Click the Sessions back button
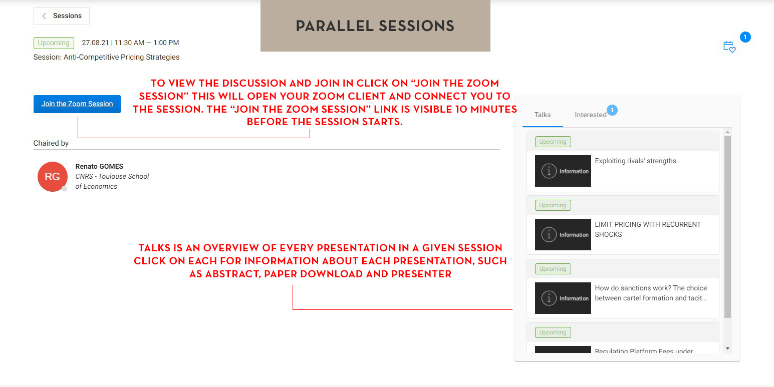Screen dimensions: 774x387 coord(62,16)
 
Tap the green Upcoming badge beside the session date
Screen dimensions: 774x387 coord(54,43)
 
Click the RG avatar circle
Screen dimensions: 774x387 coord(53,176)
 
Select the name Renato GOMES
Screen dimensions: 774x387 coord(99,166)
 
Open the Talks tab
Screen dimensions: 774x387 coord(543,115)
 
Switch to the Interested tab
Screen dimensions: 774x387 coord(591,115)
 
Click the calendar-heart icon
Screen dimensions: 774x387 coord(729,47)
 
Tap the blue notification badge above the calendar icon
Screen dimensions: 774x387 coord(745,37)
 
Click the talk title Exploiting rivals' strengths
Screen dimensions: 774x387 coord(635,161)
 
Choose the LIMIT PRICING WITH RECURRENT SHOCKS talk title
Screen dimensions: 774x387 coord(648,229)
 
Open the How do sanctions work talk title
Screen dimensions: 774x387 coord(651,293)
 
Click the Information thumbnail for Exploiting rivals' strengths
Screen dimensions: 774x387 coord(563,171)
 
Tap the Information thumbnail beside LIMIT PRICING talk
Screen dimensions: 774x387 coord(563,234)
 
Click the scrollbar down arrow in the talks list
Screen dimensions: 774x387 coord(727,348)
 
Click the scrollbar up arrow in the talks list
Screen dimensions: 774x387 coord(727,133)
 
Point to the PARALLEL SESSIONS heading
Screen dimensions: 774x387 coord(375,26)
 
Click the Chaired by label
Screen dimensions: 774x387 coord(51,143)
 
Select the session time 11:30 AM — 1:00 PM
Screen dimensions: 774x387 coord(146,43)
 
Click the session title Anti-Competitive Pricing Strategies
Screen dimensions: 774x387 coord(121,57)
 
